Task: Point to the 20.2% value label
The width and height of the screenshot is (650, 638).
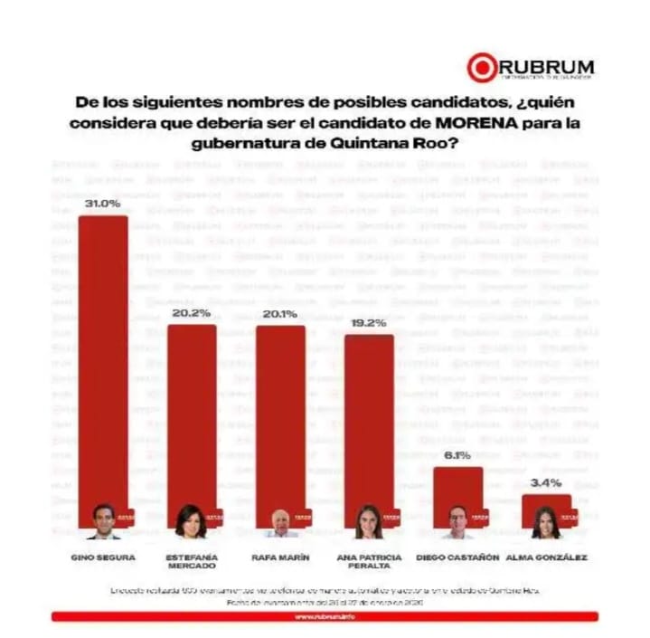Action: (x=192, y=313)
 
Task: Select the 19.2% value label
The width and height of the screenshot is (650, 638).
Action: (x=369, y=323)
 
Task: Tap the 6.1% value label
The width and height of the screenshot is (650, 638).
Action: (x=457, y=455)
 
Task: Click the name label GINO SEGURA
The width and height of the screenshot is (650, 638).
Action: (x=102, y=557)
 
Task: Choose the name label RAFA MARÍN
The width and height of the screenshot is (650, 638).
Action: (x=280, y=557)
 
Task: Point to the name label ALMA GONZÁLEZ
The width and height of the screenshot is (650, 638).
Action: (x=547, y=557)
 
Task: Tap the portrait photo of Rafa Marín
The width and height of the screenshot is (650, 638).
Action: (x=280, y=524)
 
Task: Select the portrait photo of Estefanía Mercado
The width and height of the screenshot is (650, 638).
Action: (x=191, y=522)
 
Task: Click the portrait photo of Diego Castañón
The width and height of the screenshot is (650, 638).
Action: (x=457, y=523)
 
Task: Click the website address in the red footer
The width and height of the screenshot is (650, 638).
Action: (x=325, y=617)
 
